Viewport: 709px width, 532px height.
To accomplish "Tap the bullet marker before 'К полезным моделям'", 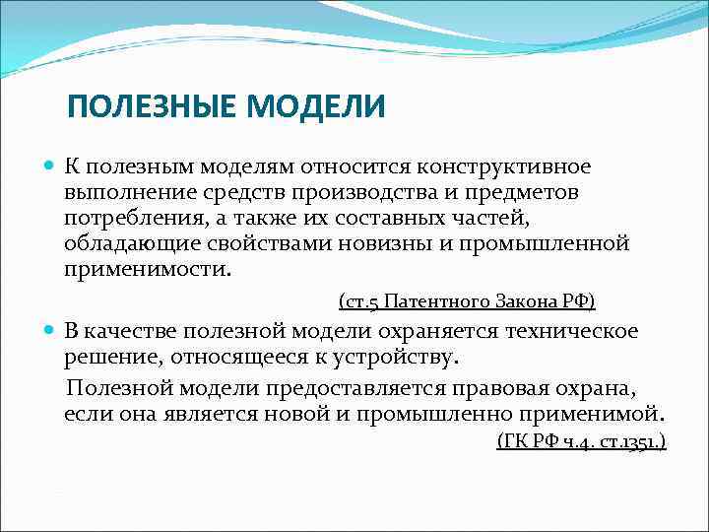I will click(x=50, y=169).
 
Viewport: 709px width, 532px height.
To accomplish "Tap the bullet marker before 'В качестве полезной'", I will click(x=50, y=330).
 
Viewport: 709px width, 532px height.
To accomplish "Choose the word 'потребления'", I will click(x=126, y=219).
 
